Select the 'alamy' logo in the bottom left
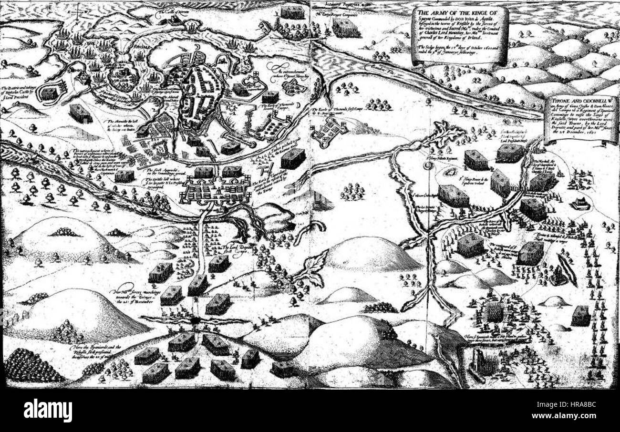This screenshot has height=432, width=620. (48, 409)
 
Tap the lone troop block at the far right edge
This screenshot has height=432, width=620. (580, 316)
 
